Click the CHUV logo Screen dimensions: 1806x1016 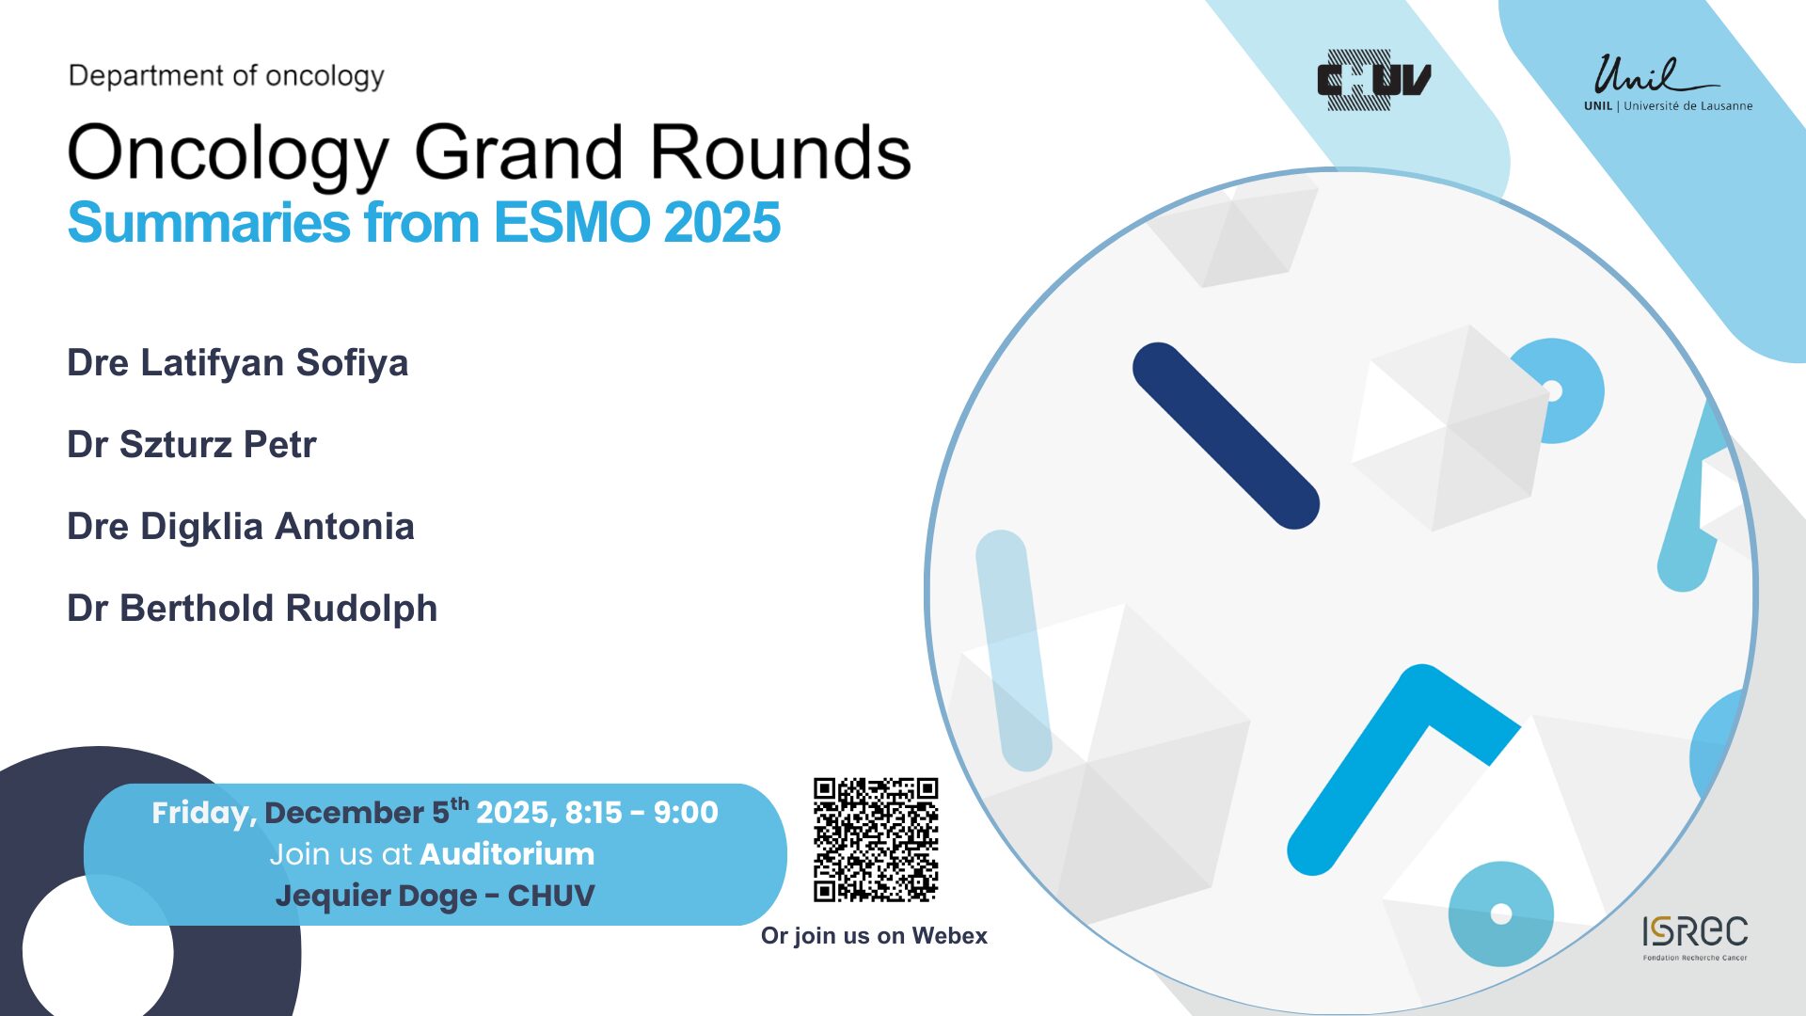pos(1374,80)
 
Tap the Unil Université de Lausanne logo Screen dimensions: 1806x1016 pos(1668,84)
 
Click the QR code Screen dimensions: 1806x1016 pos(876,840)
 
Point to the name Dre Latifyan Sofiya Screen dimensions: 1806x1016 pos(238,363)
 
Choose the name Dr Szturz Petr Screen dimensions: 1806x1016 pos(192,444)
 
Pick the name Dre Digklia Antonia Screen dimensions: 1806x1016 pos(241,527)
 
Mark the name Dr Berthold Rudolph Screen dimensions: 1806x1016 pos(252,609)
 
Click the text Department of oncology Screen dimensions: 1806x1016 pos(227,76)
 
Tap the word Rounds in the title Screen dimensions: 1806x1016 pos(781,152)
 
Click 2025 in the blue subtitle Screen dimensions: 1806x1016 pos(721,223)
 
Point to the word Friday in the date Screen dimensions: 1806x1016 pos(204,814)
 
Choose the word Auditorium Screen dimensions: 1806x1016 pos(507,854)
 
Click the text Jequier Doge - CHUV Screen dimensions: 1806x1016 pos(435,897)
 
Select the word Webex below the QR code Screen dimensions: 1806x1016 pos(949,936)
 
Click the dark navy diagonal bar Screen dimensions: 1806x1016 pos(1226,436)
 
